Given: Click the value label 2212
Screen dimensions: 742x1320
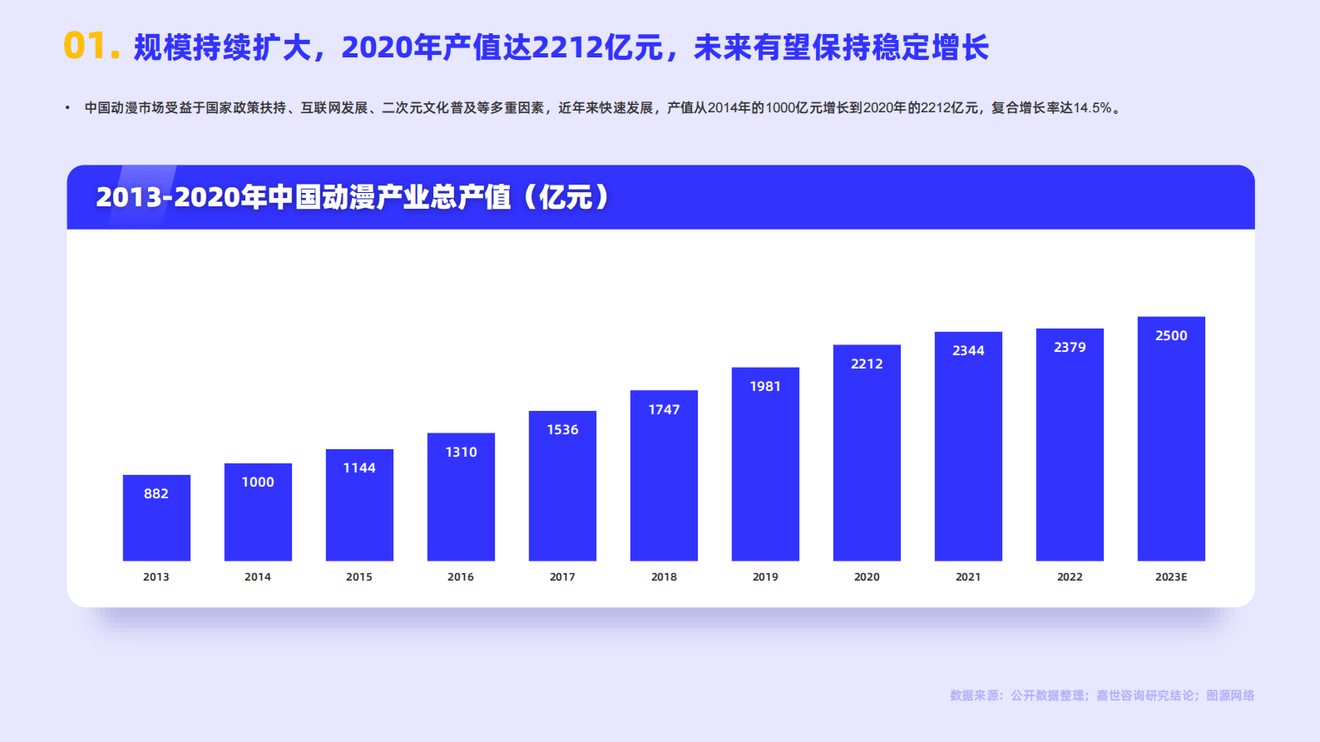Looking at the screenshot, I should pos(867,364).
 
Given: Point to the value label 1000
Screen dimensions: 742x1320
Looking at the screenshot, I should pos(258,482).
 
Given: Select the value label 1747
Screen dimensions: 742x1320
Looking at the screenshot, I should pos(664,409).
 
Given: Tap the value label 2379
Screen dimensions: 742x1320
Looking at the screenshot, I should pos(1070,347).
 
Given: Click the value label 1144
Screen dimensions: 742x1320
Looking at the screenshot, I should pos(359,467).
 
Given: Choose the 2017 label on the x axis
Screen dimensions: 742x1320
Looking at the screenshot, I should pos(562,576).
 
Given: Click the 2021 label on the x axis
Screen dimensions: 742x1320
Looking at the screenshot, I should pos(968,576).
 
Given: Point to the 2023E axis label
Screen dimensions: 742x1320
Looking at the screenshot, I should pos(1171,576).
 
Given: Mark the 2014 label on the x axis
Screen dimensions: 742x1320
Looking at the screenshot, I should pos(258,576).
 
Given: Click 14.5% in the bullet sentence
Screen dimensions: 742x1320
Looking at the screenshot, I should pos(1092,108).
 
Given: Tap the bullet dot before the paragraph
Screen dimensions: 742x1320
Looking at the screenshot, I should pos(67,108).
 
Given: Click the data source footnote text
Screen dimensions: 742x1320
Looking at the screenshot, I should pos(1102,695).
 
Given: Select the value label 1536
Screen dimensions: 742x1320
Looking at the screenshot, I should pos(562,429).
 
